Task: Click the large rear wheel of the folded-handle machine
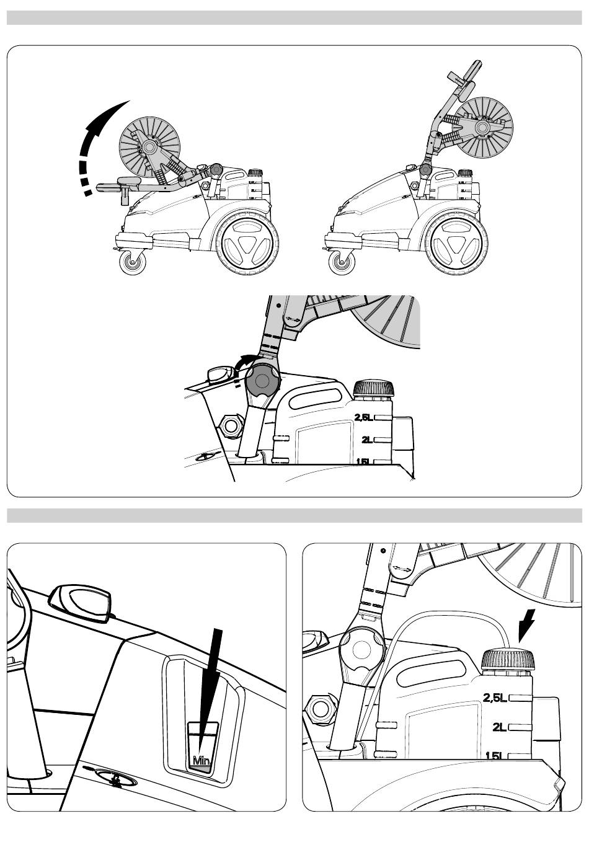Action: pos(247,246)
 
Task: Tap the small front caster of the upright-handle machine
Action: pos(343,262)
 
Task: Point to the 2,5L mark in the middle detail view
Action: pos(364,418)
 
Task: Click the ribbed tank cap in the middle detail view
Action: pos(373,389)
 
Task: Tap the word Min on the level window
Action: pos(201,760)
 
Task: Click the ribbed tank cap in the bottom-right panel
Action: pos(508,659)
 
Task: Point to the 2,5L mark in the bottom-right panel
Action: pos(495,698)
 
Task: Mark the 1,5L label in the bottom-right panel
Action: pos(495,756)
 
